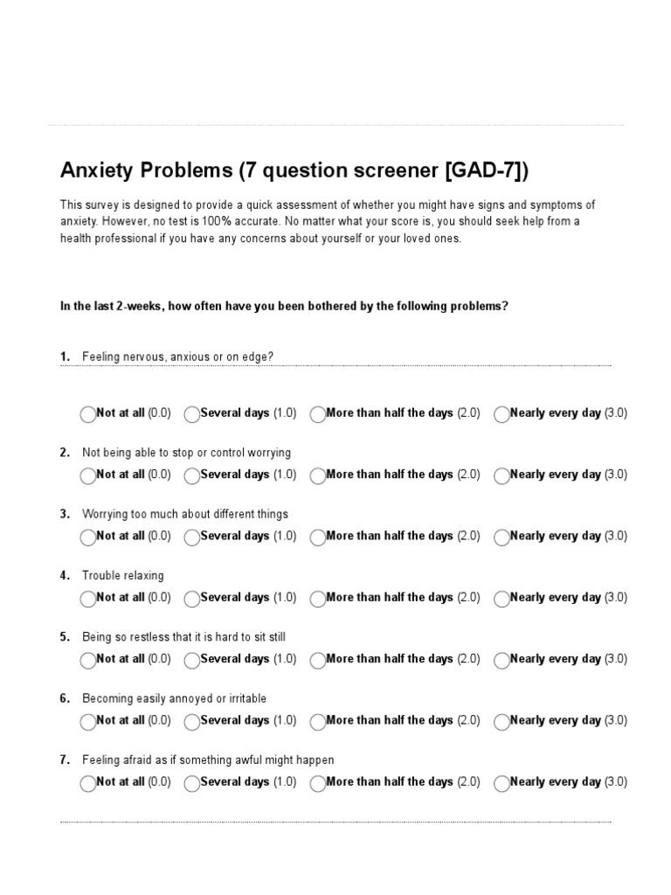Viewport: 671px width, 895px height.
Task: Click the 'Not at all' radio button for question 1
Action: click(x=87, y=414)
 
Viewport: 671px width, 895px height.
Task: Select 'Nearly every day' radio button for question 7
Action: click(x=502, y=783)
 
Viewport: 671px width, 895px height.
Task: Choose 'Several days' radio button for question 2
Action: click(x=192, y=475)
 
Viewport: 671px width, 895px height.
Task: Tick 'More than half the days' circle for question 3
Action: click(x=318, y=538)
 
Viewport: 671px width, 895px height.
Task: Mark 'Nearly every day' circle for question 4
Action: click(x=502, y=599)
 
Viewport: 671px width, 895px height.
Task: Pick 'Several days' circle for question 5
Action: click(x=192, y=660)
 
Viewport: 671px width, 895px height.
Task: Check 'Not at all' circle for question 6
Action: click(x=87, y=722)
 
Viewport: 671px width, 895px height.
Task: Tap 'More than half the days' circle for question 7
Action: click(x=318, y=783)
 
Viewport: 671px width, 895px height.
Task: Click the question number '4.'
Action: click(x=65, y=576)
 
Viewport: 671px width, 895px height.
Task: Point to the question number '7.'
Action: click(x=65, y=760)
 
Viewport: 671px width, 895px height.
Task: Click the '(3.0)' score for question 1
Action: click(x=616, y=413)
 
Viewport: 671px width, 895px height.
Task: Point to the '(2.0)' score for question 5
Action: click(x=468, y=659)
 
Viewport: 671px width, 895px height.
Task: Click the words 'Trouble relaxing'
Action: click(x=122, y=576)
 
